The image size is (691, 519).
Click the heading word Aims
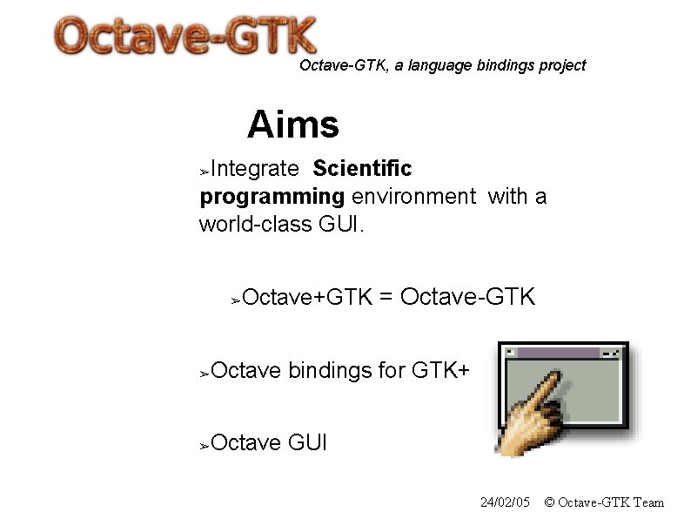point(292,125)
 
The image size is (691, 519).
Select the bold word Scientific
point(362,168)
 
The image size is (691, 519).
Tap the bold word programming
point(272,197)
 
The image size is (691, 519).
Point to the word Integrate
point(255,168)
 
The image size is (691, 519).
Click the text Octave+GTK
point(308,299)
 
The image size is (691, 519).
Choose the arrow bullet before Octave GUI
point(205,446)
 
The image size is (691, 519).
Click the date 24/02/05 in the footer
point(505,502)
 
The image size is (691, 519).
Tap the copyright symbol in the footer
point(549,502)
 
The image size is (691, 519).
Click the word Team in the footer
point(649,502)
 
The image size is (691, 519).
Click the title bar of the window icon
point(557,353)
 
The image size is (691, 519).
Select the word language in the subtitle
point(440,65)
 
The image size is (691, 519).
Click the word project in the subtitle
point(563,65)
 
